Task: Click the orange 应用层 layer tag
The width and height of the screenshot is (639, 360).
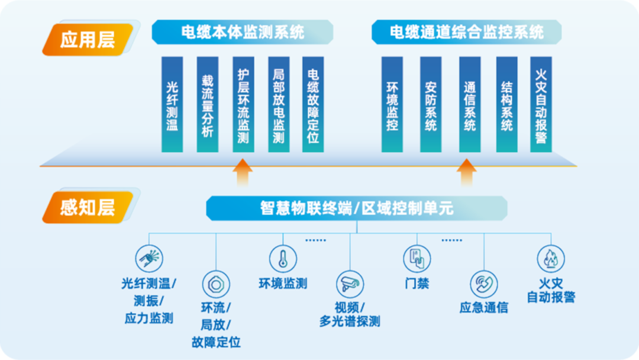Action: [87, 40]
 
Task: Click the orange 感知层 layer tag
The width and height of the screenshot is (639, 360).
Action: [87, 208]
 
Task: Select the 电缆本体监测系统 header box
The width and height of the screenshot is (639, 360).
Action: [243, 32]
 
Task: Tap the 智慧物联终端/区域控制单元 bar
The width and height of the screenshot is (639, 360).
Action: [357, 208]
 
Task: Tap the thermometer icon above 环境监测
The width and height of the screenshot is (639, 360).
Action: [283, 259]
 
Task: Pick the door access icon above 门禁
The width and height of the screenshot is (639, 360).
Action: [417, 259]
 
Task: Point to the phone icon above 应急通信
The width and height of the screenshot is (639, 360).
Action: [484, 284]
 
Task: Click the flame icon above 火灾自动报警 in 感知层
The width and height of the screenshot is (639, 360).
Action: [551, 259]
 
